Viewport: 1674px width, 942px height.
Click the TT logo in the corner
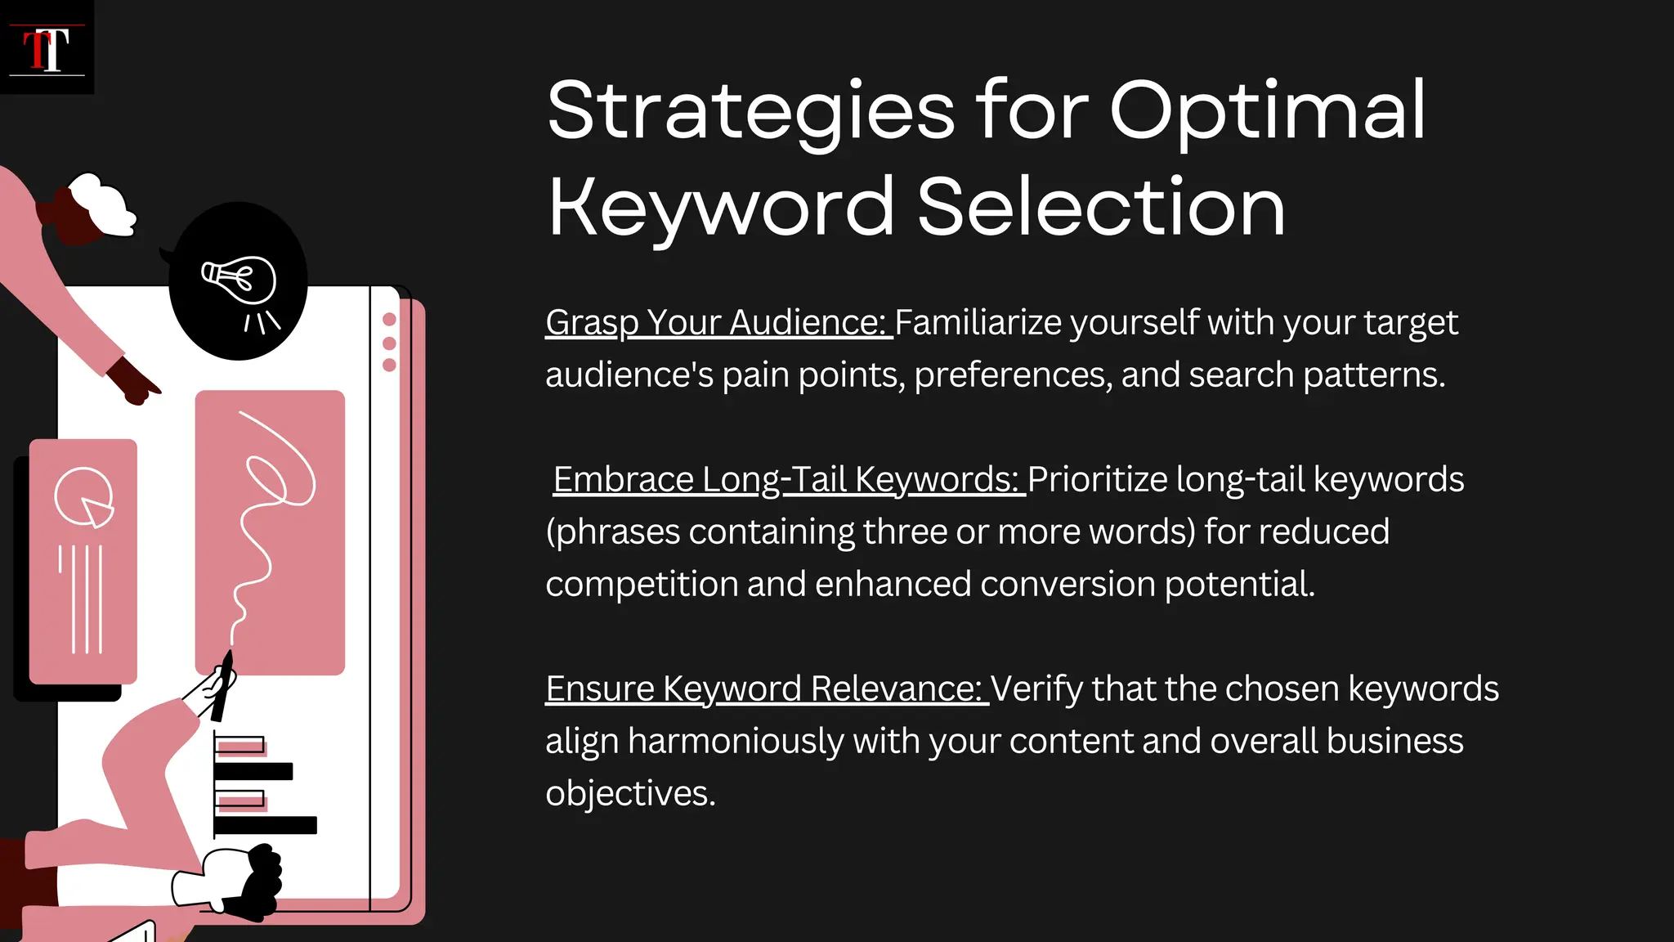click(47, 47)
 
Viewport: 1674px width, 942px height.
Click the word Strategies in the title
click(750, 112)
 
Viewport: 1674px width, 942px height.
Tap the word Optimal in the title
click(1267, 112)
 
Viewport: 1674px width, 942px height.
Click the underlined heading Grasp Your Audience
click(718, 323)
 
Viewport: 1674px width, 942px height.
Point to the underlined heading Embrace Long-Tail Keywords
click(787, 480)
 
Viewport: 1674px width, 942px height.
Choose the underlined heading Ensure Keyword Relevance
click(765, 689)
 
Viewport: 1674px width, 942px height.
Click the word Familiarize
click(978, 323)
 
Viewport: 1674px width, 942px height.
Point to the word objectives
click(629, 794)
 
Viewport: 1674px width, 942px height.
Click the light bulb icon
click(239, 282)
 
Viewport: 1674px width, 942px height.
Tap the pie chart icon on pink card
click(83, 497)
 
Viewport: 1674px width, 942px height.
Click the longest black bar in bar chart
click(266, 825)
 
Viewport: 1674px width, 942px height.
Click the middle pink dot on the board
click(389, 343)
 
